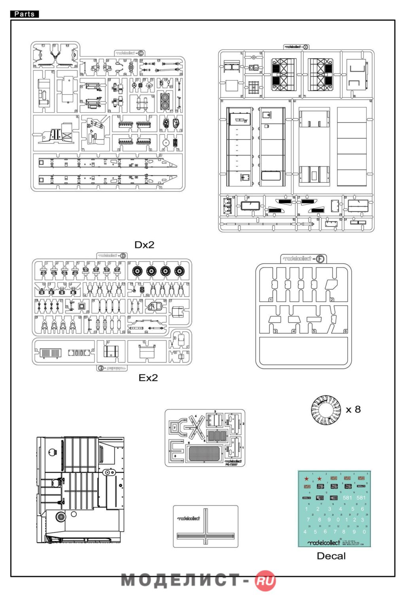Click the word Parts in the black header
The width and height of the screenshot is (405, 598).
[x=25, y=14]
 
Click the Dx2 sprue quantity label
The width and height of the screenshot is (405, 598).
[x=144, y=245]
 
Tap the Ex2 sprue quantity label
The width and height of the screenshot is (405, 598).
[x=148, y=378]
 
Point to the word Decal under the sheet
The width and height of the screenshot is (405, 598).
[x=331, y=556]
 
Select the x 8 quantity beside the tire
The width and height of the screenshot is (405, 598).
[x=353, y=409]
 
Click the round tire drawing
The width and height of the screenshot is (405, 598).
[x=326, y=410]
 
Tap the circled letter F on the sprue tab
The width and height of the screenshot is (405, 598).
[x=320, y=259]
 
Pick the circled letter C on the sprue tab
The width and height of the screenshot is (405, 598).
[x=140, y=53]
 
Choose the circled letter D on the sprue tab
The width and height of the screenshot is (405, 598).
[x=123, y=256]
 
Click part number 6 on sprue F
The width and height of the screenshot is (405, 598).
[x=345, y=331]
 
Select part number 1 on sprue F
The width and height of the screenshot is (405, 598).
[x=271, y=300]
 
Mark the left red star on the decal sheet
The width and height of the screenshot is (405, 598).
[x=307, y=479]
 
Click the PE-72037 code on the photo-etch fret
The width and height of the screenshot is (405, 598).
[x=231, y=464]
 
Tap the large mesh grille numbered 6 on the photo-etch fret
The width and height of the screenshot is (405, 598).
[x=204, y=453]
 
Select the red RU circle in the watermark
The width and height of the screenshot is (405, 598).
[x=265, y=581]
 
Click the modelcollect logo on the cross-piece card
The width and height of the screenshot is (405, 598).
[x=189, y=518]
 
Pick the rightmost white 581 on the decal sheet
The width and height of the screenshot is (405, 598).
[x=361, y=498]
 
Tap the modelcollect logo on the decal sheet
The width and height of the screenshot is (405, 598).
[x=324, y=542]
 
